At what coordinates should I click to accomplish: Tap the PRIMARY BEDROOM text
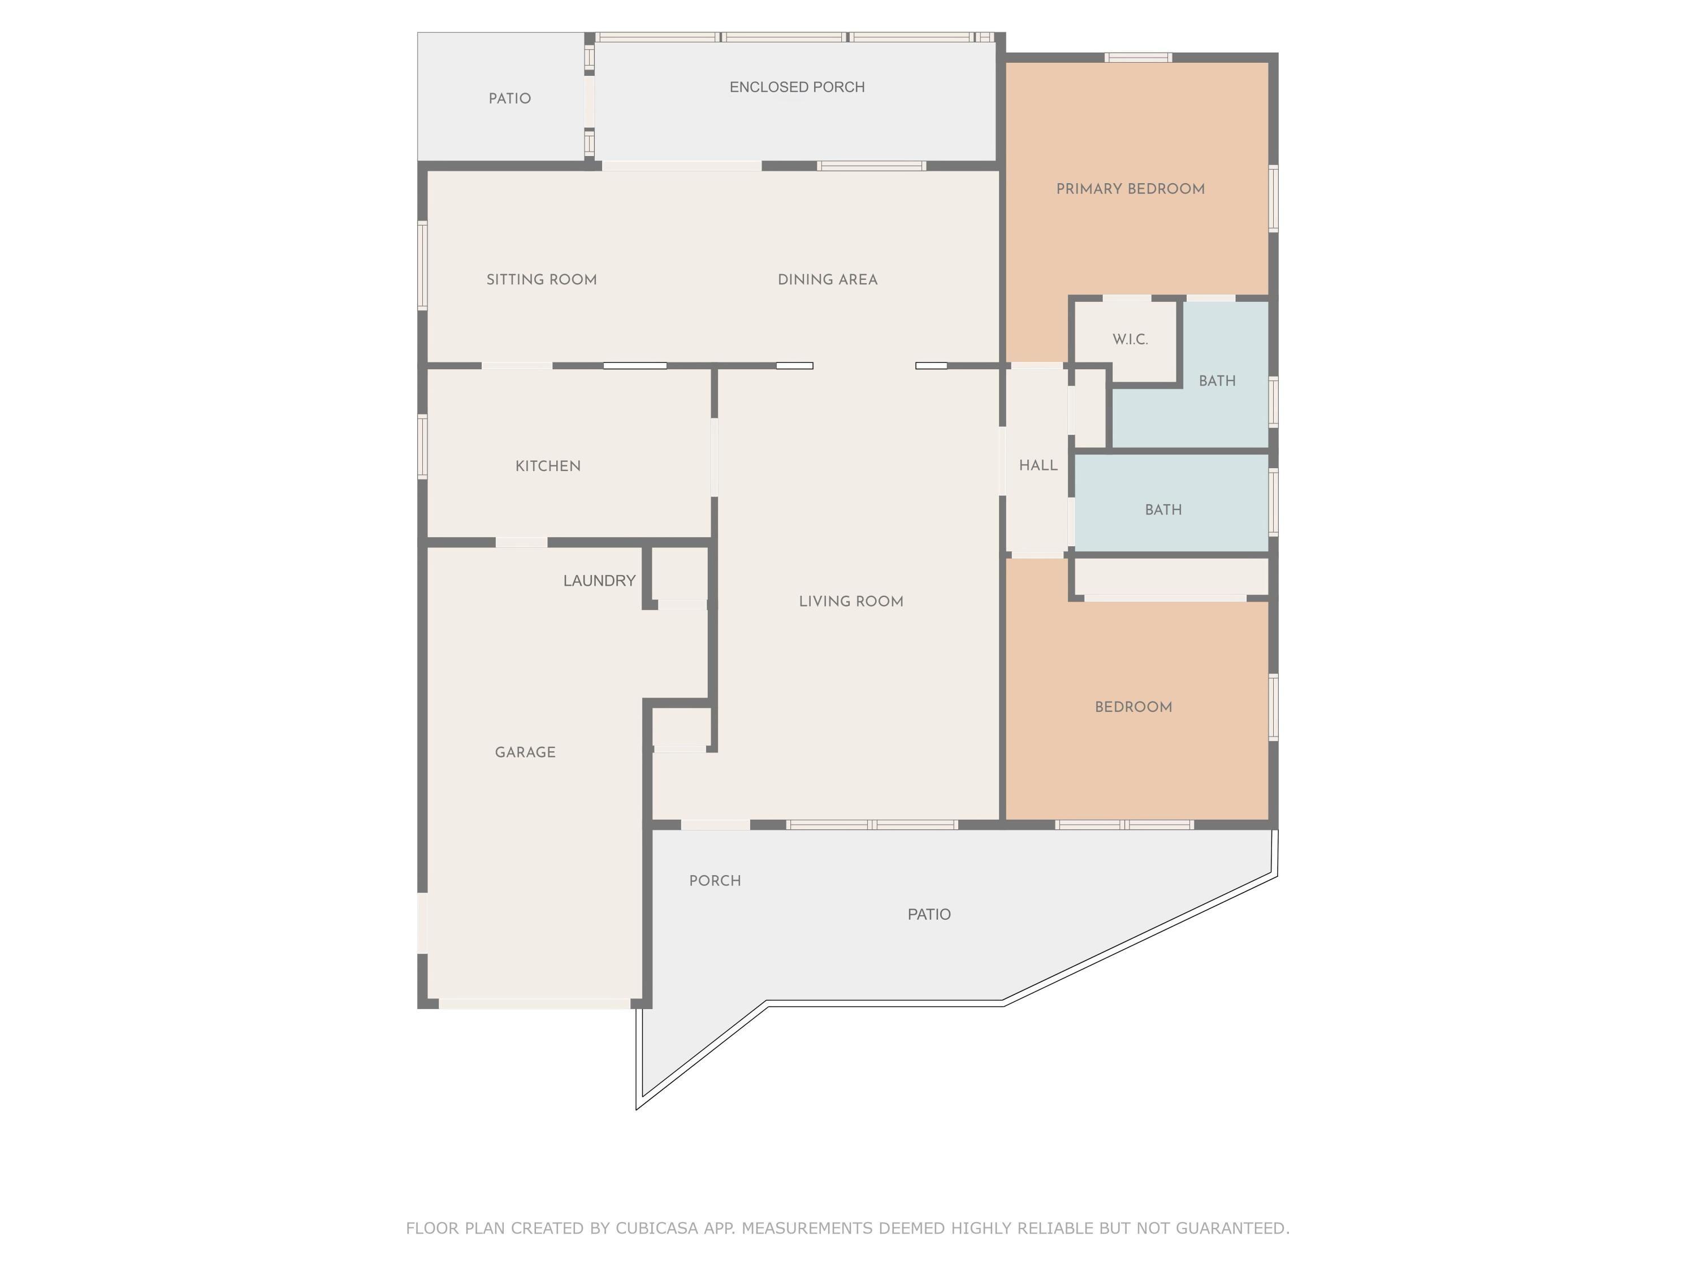point(1130,189)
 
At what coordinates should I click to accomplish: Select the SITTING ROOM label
point(542,280)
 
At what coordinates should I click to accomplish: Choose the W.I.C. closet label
point(1130,340)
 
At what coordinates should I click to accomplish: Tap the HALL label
point(1038,465)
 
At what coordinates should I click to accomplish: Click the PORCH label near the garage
point(715,881)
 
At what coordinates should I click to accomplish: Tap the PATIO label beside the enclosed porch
point(510,99)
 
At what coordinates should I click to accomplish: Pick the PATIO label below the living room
point(929,915)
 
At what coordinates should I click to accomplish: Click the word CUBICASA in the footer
point(657,1228)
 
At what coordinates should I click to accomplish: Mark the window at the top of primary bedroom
point(1138,58)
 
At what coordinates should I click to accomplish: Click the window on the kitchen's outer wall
point(422,447)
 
